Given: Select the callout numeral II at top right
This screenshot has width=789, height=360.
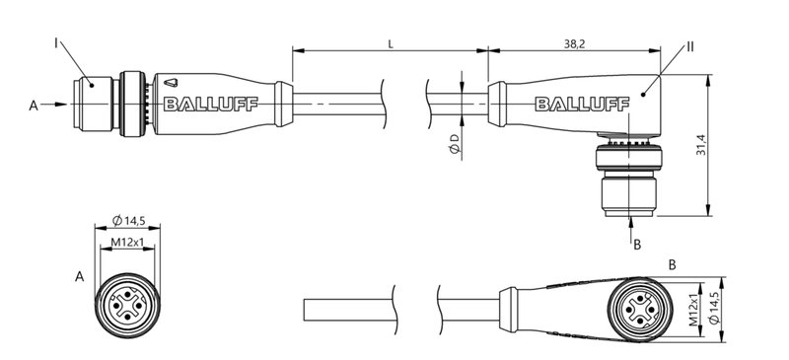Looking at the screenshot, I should point(690,46).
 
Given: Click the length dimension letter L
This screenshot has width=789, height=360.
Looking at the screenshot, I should point(393,42).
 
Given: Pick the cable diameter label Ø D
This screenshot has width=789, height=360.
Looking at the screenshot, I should point(453,147).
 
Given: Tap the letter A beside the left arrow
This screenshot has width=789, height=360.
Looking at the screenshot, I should point(35,105).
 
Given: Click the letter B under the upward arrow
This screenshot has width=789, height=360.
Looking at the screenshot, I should point(637,244).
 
